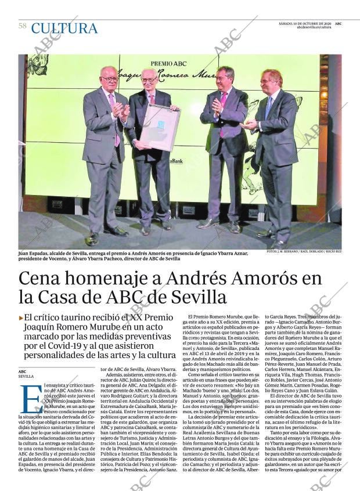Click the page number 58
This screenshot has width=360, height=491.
point(22,26)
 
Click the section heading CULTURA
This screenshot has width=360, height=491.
point(64,28)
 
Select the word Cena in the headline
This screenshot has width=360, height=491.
point(42,279)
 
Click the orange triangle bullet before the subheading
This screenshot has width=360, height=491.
point(21,317)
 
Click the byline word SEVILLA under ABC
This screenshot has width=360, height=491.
point(26,377)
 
